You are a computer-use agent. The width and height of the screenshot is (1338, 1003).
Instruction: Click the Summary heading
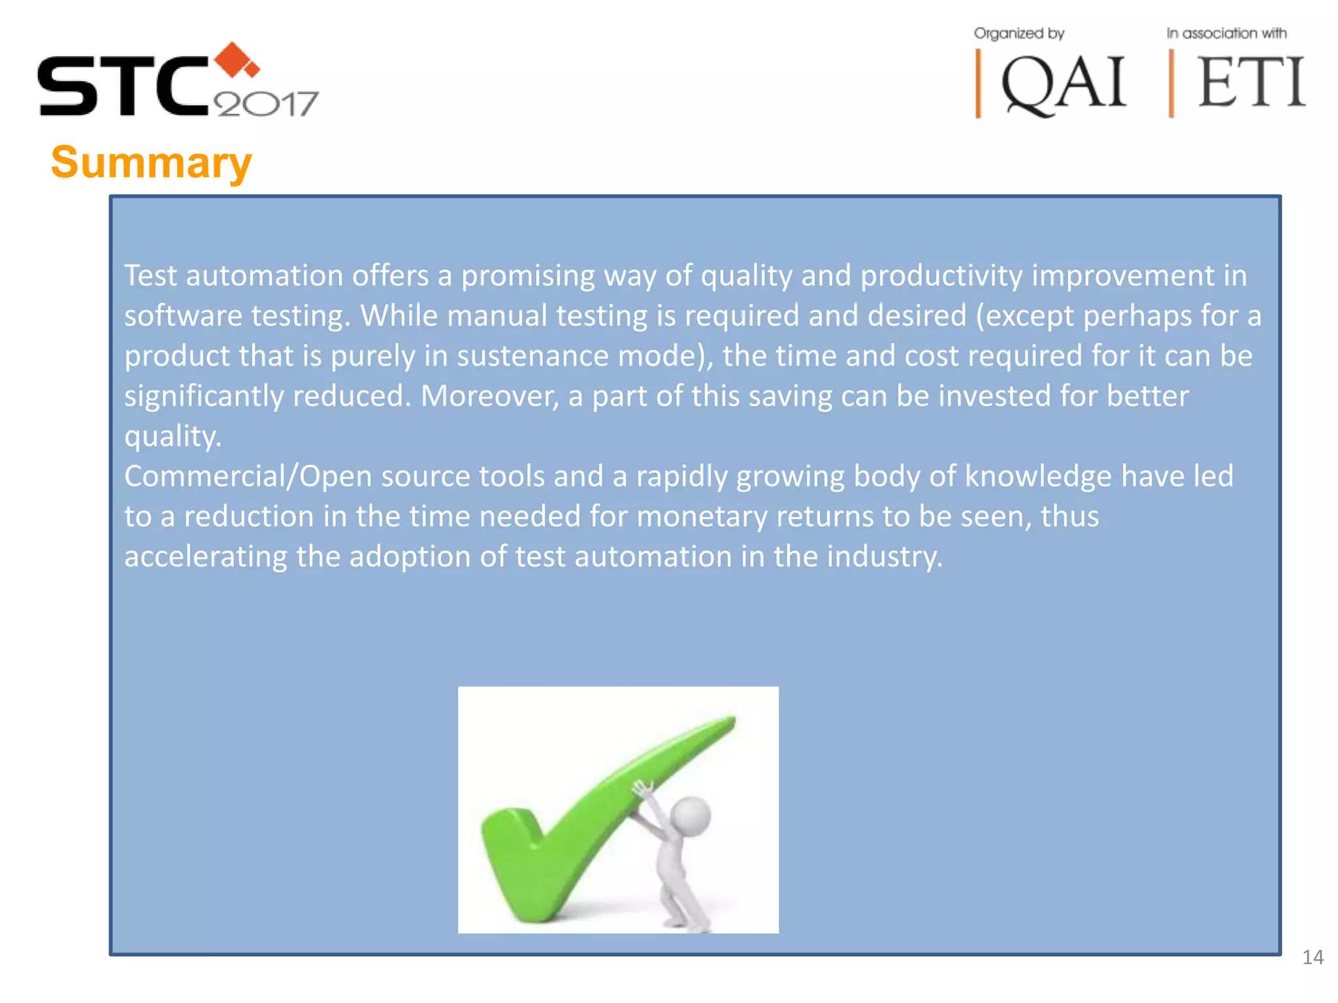(x=151, y=163)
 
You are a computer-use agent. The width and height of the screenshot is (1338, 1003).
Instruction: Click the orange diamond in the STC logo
(x=235, y=60)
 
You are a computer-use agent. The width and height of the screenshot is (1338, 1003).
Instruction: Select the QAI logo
(x=1063, y=84)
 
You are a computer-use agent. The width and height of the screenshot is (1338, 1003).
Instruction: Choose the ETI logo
(x=1251, y=83)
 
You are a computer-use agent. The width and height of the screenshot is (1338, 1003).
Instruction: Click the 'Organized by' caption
(x=1019, y=33)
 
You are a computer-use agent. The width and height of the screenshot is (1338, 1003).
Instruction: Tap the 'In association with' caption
(x=1226, y=33)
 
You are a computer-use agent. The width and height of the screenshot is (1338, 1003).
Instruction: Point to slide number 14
(x=1313, y=957)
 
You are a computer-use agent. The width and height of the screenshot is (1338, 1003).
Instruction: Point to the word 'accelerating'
(x=205, y=557)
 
